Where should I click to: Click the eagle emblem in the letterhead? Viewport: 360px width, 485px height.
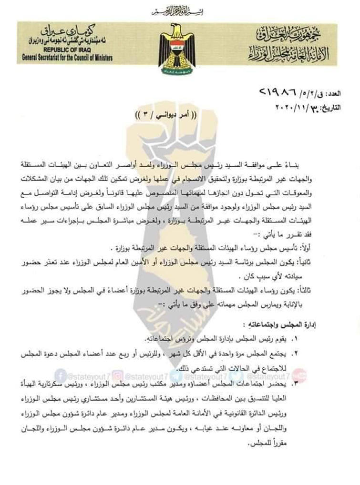tap(177, 46)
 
